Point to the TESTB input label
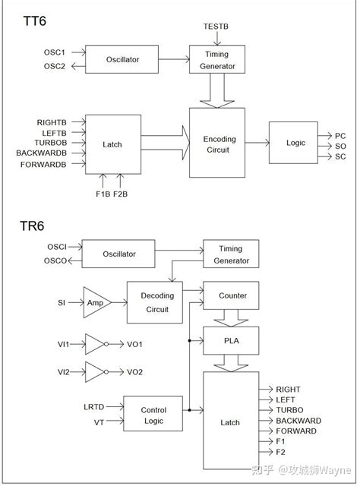coord(216,26)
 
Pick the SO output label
coord(340,146)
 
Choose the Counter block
coord(232,295)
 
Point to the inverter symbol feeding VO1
coord(96,344)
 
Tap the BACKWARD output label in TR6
coord(298,421)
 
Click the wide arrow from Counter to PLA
coord(232,317)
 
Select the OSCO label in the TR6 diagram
coord(56,261)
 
